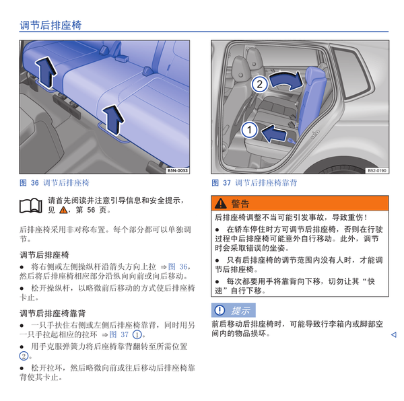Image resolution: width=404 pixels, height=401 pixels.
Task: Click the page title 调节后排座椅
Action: click(50, 25)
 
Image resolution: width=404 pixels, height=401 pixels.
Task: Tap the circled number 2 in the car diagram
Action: click(259, 84)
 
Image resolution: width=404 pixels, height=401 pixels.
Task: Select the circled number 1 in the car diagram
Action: click(249, 130)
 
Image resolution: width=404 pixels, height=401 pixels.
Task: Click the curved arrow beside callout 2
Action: click(286, 80)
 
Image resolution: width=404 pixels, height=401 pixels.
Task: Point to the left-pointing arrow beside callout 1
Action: click(274, 133)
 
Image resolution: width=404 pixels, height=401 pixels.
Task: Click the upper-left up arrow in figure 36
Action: click(46, 72)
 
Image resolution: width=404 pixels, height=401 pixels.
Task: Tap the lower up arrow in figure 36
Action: click(113, 120)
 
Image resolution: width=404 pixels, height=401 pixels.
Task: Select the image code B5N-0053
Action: click(178, 170)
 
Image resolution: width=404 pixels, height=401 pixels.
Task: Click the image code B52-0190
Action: click(377, 170)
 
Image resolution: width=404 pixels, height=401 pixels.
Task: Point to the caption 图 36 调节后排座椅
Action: click(55, 183)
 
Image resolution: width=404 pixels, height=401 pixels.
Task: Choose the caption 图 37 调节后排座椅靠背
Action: click(255, 183)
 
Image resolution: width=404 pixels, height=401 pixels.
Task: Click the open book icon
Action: click(31, 206)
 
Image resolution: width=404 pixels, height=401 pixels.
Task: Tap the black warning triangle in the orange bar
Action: click(221, 203)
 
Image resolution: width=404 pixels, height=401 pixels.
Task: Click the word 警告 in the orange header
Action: click(240, 204)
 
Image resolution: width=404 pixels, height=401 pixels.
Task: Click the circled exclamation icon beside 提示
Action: click(220, 310)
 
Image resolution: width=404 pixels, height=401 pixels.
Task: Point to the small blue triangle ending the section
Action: click(393, 334)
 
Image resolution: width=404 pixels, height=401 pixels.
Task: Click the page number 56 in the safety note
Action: click(91, 210)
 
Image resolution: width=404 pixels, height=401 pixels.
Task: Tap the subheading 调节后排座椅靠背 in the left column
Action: click(53, 314)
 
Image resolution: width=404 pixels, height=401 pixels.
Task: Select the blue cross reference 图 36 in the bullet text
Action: click(178, 266)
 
